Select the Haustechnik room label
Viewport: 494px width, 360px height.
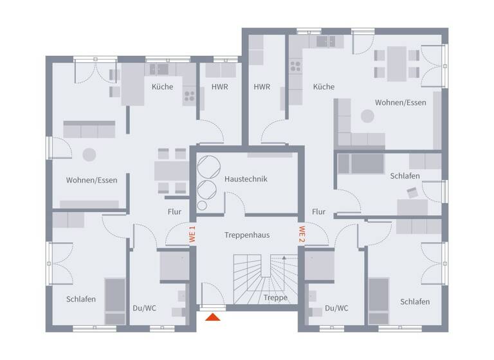[246, 179]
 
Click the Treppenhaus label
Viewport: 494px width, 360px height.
[247, 235]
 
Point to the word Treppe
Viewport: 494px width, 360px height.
[275, 298]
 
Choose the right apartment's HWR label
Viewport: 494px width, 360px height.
[262, 87]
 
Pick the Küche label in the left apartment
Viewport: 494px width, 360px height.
[162, 87]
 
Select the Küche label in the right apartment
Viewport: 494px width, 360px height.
[324, 87]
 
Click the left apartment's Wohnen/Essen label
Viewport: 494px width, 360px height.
[91, 180]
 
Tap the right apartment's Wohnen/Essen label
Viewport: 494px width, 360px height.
[401, 103]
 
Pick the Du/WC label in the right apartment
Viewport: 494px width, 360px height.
[336, 308]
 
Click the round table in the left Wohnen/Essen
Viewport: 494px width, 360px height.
[88, 154]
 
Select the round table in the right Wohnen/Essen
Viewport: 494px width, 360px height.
[367, 116]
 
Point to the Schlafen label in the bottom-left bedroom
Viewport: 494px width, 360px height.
[81, 300]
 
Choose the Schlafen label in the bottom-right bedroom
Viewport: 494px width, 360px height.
[415, 301]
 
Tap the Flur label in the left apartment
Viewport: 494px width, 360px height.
[174, 212]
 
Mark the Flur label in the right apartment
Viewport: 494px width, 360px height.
[318, 212]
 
